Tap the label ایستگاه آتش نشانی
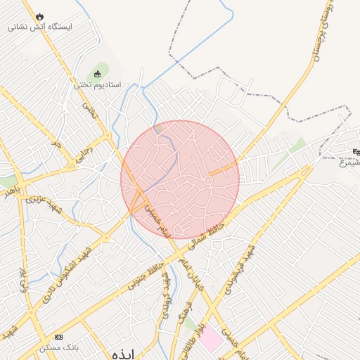[40, 27]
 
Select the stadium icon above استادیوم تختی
[97, 74]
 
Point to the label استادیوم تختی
[98, 85]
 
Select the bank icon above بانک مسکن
[58, 337]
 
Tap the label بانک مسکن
[59, 348]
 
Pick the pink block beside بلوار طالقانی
[212, 340]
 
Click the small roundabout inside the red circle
[208, 181]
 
